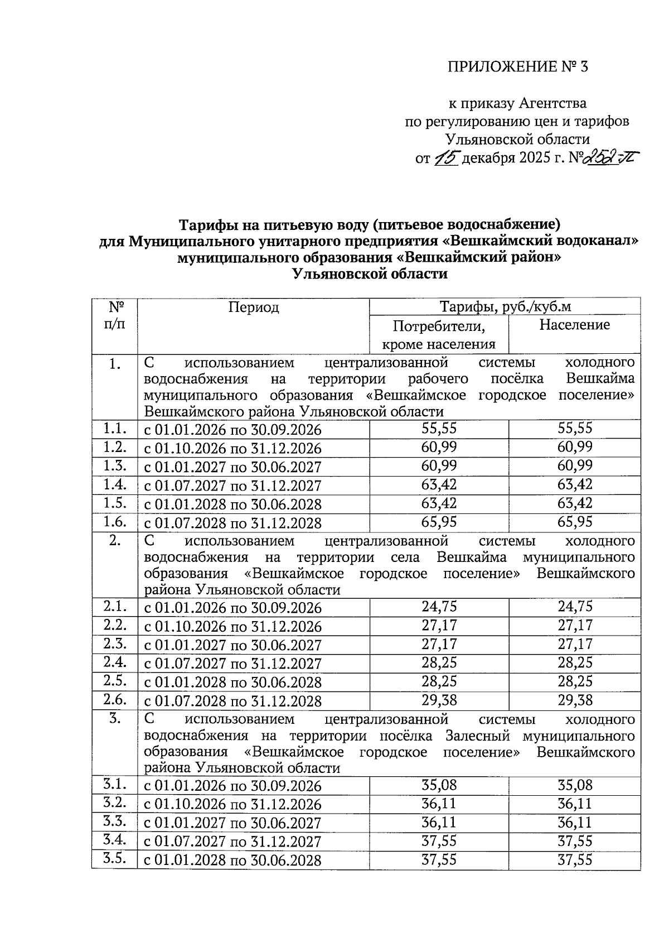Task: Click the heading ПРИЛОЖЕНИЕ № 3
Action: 518,67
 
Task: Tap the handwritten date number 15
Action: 446,158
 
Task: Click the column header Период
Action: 253,307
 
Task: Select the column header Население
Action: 574,325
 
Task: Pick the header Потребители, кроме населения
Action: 439,334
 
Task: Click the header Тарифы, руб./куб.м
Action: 505,306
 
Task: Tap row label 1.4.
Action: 114,484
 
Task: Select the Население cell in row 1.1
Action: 575,429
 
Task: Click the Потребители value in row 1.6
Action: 439,522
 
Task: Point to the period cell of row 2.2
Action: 233,626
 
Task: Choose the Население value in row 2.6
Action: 575,700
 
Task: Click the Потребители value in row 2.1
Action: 439,607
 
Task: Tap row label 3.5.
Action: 114,859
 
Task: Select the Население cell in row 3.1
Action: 575,785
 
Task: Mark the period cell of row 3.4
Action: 233,842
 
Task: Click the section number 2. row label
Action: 114,540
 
